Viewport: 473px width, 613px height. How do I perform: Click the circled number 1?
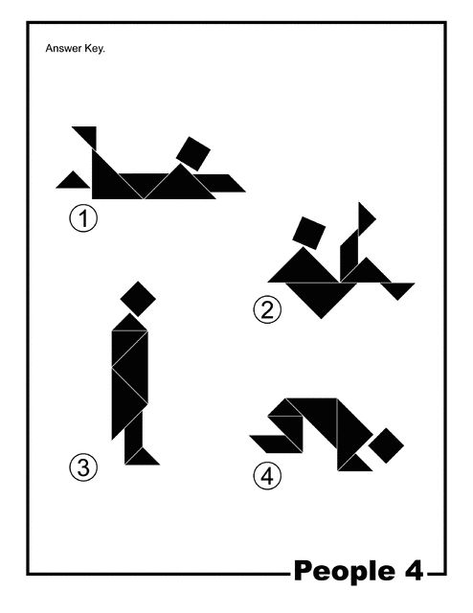point(83,218)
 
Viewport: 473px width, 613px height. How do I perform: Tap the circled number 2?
point(267,310)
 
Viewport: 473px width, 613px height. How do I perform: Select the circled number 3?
point(83,467)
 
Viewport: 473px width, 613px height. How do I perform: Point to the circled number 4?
point(267,476)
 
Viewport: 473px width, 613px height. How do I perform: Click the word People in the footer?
point(345,571)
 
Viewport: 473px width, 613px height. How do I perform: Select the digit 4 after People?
point(414,570)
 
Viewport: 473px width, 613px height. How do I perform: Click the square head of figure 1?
point(193,153)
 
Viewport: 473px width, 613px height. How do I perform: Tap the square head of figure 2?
point(309,233)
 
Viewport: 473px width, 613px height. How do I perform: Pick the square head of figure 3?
point(138,299)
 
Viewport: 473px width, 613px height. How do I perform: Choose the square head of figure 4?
point(386,445)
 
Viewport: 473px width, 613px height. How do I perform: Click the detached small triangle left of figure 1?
point(73,182)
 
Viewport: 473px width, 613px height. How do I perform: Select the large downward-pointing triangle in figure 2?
point(322,294)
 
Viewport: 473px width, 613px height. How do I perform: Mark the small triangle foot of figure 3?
point(143,458)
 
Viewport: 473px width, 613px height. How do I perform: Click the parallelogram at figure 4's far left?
point(276,444)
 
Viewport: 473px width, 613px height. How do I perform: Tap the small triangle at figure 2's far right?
point(397,289)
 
